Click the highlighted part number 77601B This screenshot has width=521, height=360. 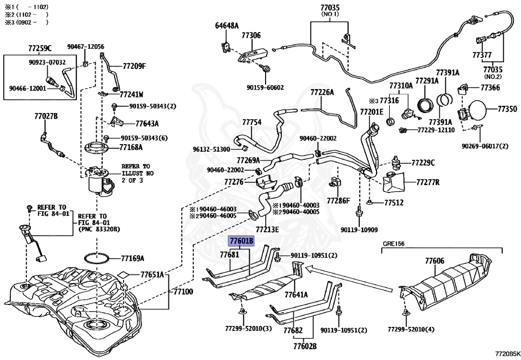pos(241,241)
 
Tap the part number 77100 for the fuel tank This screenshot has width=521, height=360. pos(183,292)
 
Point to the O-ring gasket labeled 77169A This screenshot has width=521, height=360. pos(96,258)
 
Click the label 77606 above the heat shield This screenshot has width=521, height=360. pos(435,261)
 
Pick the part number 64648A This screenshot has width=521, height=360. pos(226,25)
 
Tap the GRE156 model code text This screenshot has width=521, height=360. pos(393,244)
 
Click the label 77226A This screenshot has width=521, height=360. pos(322,92)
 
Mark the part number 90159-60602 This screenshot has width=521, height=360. pos(265,88)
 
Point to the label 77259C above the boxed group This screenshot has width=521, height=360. pos(40,48)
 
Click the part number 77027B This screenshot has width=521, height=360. pos(46,116)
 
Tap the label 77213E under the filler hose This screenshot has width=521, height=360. pos(267,230)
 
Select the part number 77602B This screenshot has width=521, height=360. pos(305,346)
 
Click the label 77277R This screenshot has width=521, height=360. pos(428,182)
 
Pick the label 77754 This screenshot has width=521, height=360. pos(251,122)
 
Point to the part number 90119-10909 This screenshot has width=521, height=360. pos(359,230)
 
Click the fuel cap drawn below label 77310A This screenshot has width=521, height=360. pos(408,114)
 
